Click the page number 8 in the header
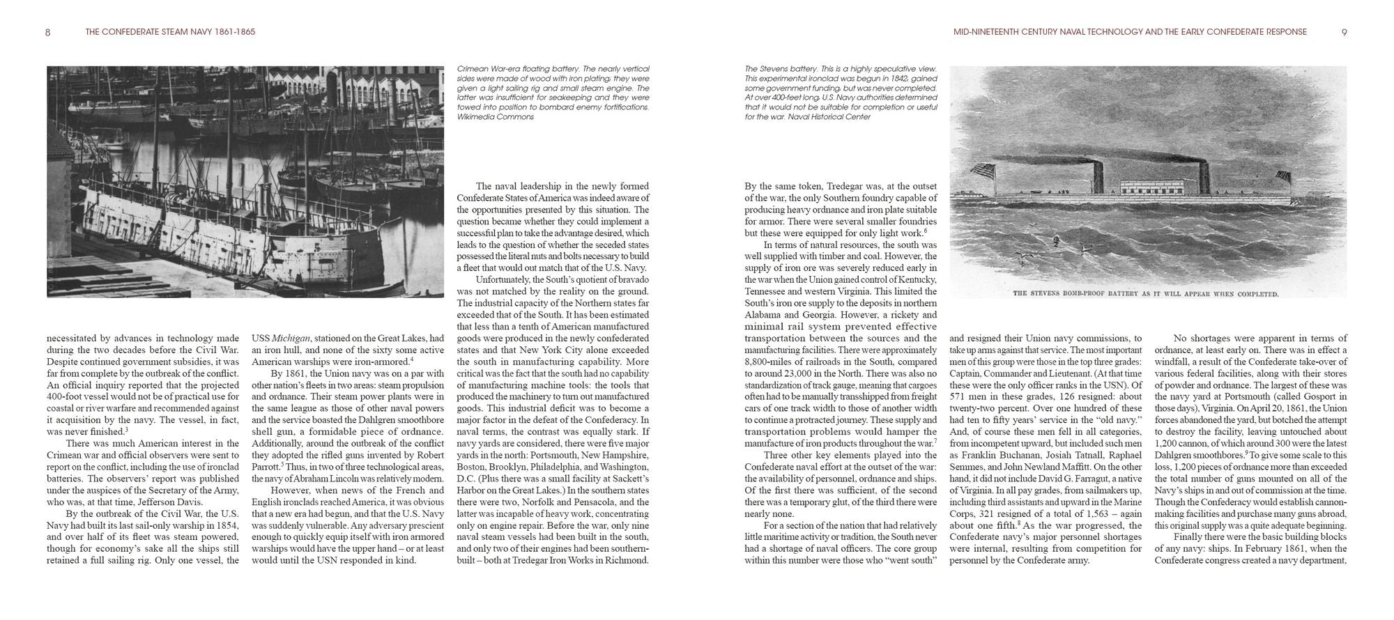[x=47, y=32]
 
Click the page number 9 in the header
[x=1344, y=32]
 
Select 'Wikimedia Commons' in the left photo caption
[x=495, y=117]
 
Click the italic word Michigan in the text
[x=291, y=338]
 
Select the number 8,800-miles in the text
[x=770, y=362]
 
